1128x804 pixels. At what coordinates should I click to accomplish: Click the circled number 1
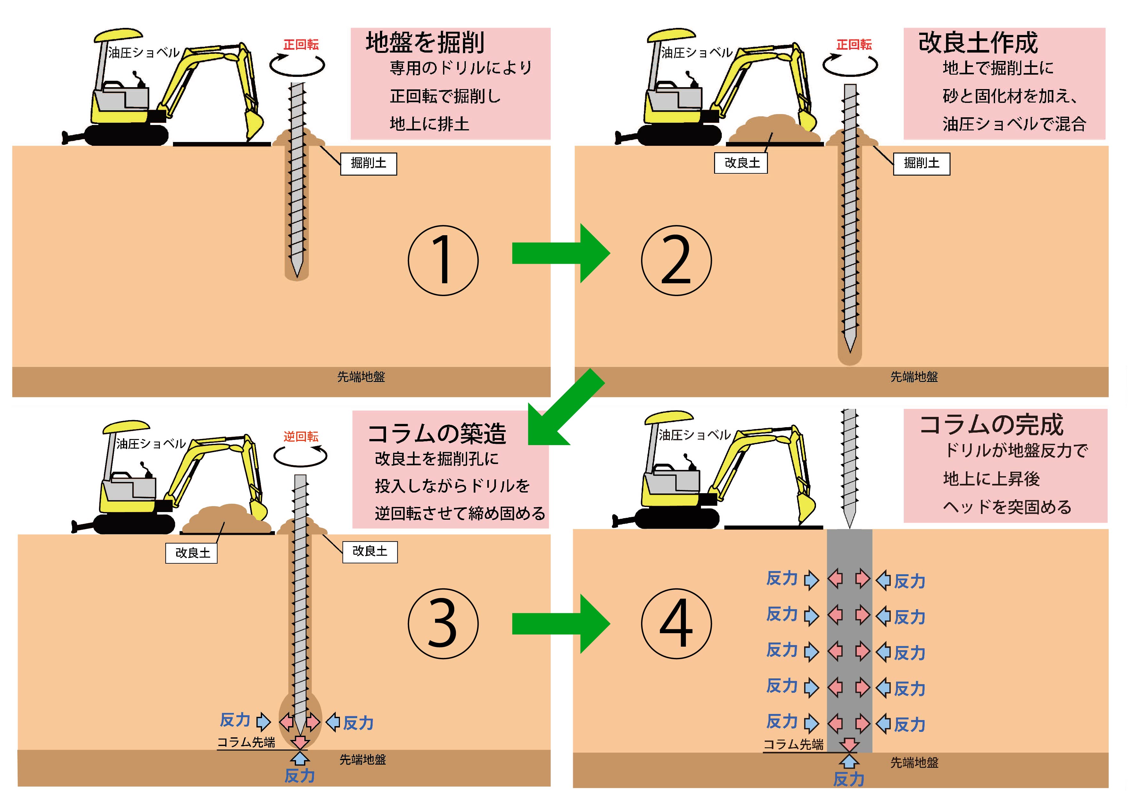click(443, 261)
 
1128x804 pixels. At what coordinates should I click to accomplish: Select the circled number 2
click(676, 261)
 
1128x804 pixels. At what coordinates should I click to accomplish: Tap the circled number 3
click(443, 623)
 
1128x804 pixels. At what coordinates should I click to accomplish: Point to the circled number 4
click(676, 623)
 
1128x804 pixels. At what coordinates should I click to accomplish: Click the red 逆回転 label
click(301, 437)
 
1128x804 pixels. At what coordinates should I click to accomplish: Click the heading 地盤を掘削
click(425, 43)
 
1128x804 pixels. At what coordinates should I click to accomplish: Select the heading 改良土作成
click(977, 43)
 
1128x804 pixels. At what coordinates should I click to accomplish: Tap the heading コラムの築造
click(437, 434)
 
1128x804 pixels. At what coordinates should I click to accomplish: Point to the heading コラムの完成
click(991, 425)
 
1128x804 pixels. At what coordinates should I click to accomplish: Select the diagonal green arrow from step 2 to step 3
click(564, 409)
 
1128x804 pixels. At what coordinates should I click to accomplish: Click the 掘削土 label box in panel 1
click(368, 163)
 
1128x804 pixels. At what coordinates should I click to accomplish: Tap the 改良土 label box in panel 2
click(741, 163)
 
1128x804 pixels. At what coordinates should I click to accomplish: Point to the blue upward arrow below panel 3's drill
click(300, 758)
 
